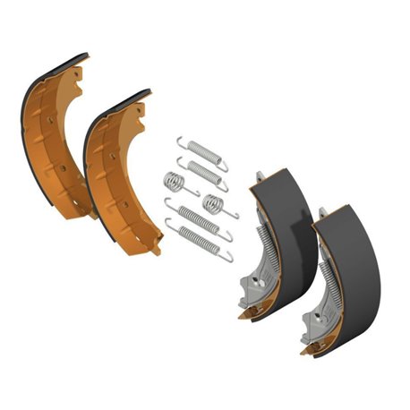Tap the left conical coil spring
click(x=175, y=183)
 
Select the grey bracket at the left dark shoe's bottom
click(x=253, y=288)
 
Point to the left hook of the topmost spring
click(x=180, y=141)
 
